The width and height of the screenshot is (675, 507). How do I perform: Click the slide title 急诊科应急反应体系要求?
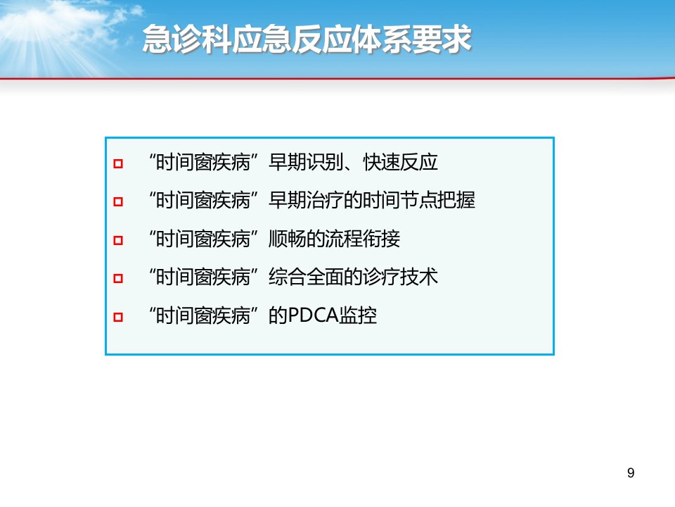coord(307,39)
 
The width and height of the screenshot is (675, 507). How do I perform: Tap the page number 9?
coord(631,473)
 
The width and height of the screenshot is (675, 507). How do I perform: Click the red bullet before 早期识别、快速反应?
coord(118,164)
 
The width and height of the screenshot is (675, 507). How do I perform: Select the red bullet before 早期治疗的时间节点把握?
coord(118,202)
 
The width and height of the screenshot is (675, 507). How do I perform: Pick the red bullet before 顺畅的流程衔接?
coord(118,240)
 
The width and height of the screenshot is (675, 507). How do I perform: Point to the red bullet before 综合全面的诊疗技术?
coord(118,279)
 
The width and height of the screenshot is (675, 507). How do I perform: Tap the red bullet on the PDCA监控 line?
coord(118,318)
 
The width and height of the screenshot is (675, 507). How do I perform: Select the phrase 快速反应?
coord(401,163)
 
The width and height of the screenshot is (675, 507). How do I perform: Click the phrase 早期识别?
coord(306,163)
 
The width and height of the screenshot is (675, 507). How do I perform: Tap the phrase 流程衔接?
coord(363,239)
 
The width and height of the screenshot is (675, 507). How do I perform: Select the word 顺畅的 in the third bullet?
coord(297,239)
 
